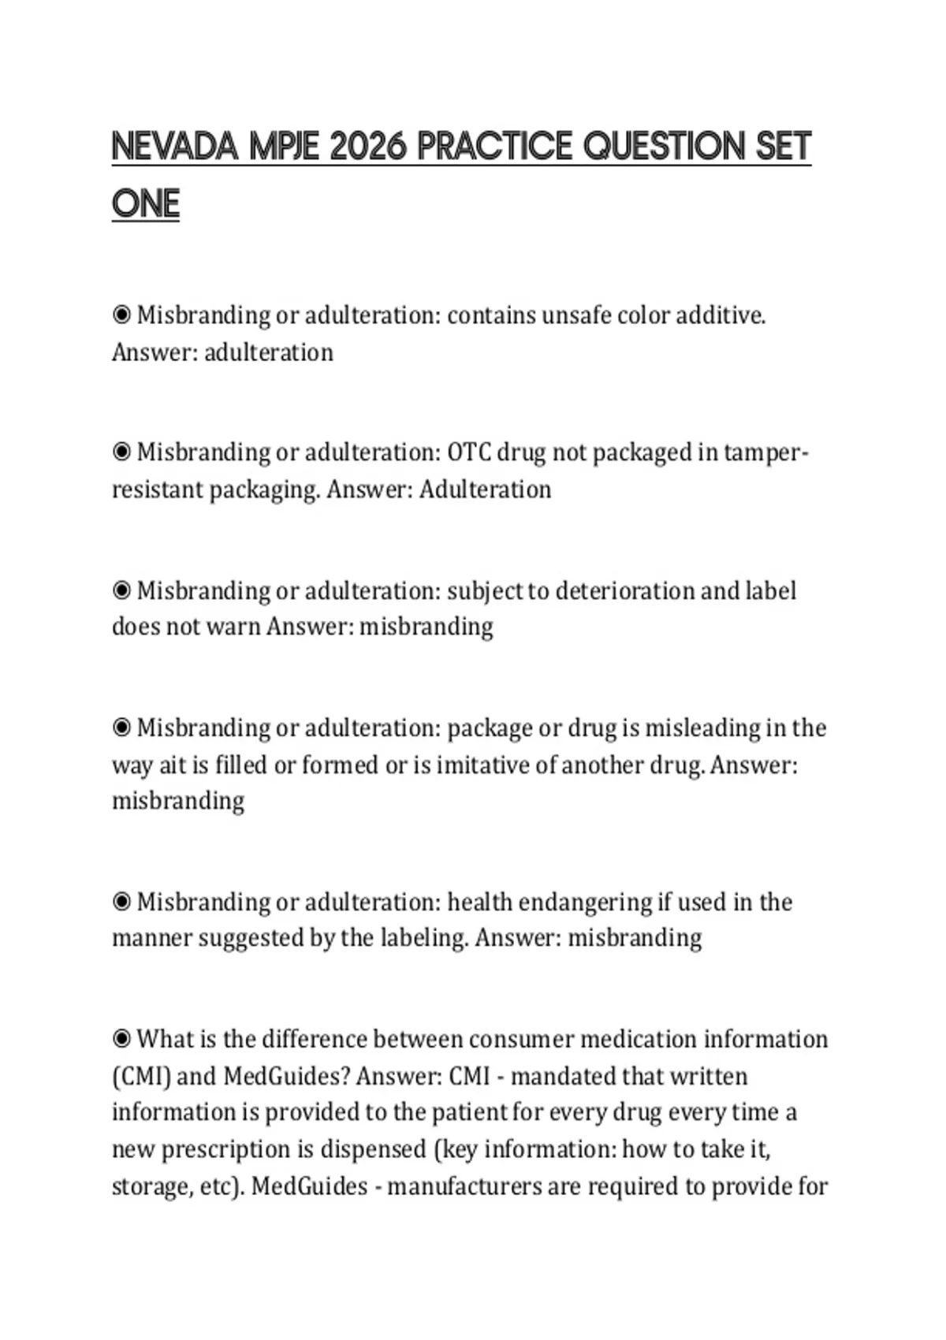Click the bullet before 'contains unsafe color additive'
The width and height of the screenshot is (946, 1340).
(x=121, y=315)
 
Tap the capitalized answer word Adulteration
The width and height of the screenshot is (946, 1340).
(x=485, y=489)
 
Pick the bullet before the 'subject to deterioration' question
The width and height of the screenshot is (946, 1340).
(x=121, y=590)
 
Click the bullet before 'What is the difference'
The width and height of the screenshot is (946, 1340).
(x=121, y=1039)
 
